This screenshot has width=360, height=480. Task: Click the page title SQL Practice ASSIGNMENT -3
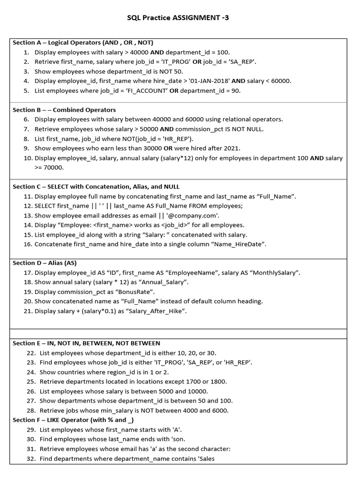click(x=178, y=18)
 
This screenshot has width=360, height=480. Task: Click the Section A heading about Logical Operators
click(x=83, y=43)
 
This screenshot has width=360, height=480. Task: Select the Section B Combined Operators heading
click(x=64, y=110)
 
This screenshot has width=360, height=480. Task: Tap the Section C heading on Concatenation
click(x=96, y=187)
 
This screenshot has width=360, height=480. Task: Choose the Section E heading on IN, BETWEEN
click(x=86, y=343)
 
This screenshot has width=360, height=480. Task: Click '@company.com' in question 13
click(x=193, y=216)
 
